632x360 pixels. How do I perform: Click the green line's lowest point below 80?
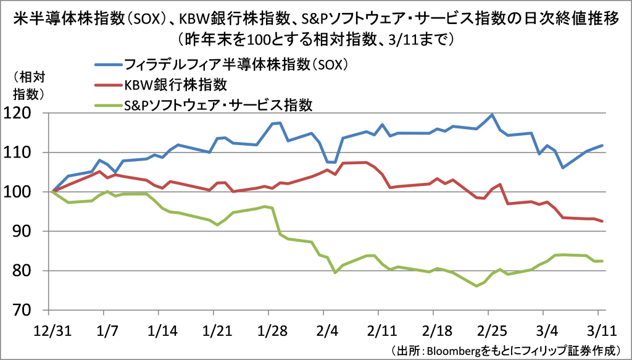476,286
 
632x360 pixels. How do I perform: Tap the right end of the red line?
602,221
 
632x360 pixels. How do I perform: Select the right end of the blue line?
602,146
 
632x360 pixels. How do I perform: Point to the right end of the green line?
602,261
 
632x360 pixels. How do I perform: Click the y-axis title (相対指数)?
28,86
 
